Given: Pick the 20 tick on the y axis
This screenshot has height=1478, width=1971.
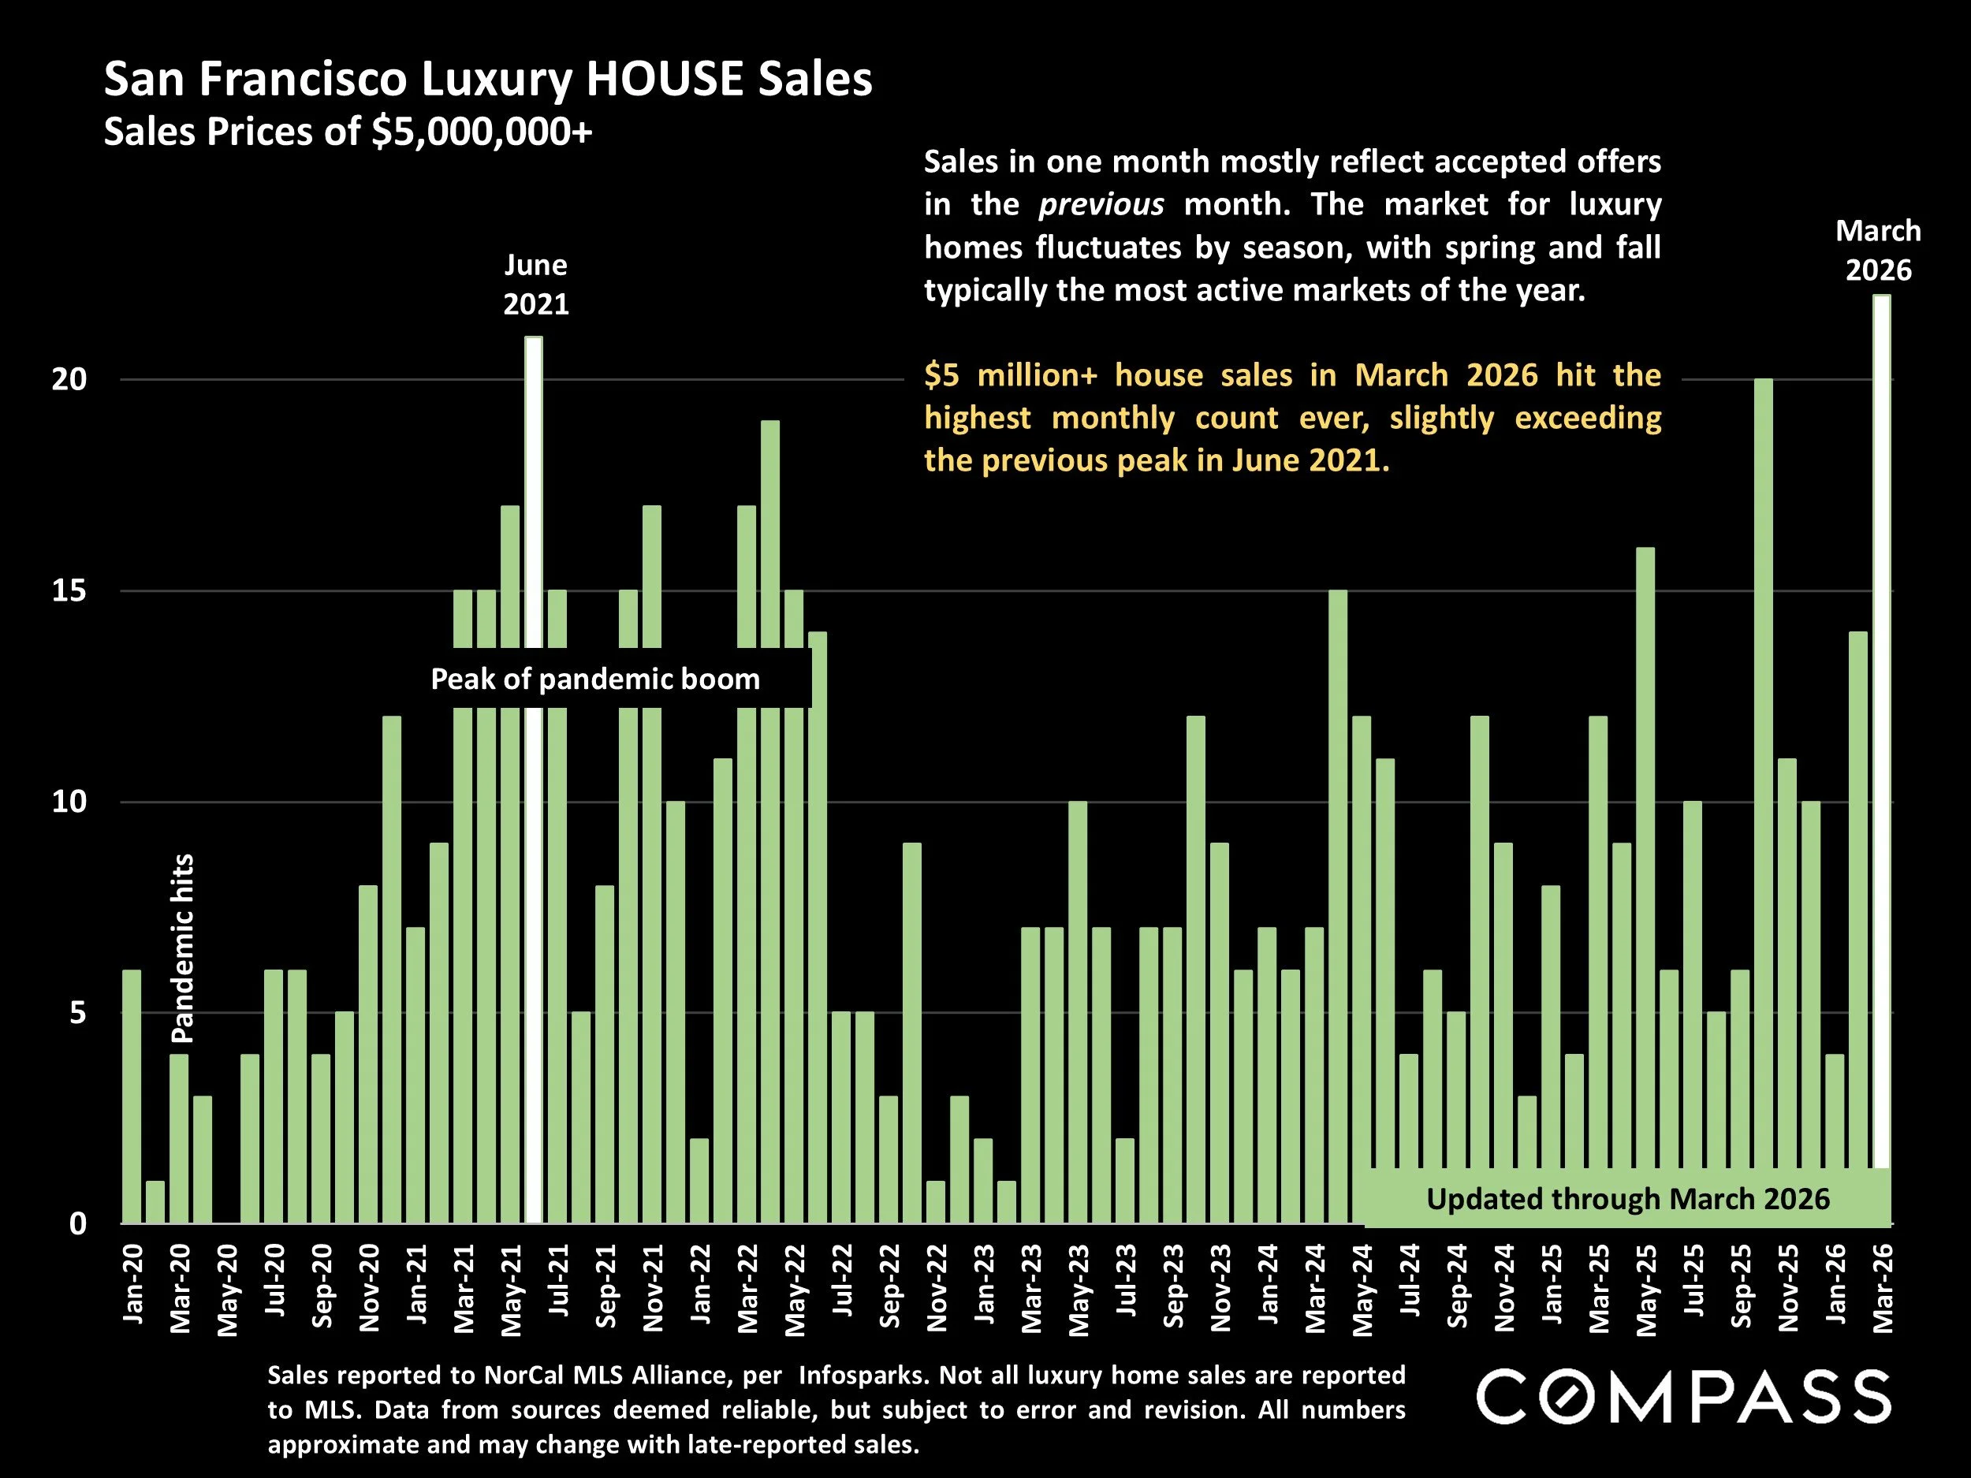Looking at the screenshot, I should point(69,379).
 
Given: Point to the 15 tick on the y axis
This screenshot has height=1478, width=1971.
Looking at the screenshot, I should point(69,590).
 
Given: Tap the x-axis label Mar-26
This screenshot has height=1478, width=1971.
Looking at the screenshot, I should point(1882,1288).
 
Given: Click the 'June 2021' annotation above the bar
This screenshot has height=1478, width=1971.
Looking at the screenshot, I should point(535,285).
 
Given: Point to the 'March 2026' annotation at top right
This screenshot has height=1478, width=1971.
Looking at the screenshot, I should point(1877,251).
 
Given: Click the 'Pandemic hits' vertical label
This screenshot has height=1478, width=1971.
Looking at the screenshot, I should point(182,948).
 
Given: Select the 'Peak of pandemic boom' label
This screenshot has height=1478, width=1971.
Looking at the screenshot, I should point(595,679).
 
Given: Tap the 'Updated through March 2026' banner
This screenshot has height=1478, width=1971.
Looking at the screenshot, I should point(1627,1199).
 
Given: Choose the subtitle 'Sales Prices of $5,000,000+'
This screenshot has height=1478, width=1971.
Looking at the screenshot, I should point(348,132).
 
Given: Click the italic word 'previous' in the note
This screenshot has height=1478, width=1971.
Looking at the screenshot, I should point(1101,205).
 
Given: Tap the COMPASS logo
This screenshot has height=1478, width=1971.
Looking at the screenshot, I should point(1683,1396).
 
